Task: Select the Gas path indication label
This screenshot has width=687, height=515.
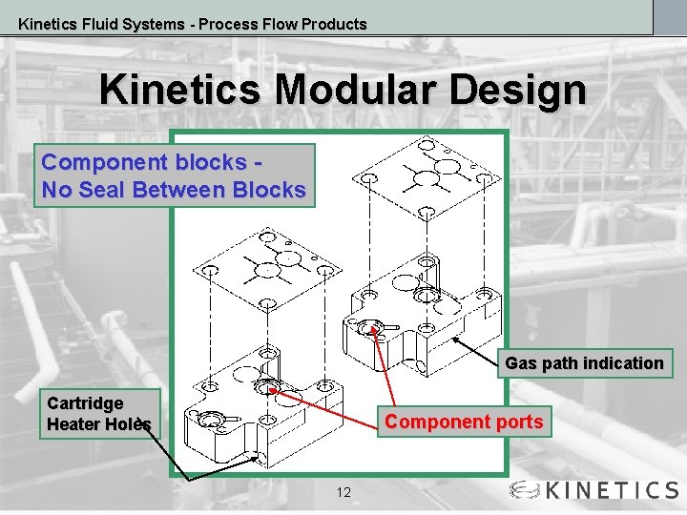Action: click(584, 363)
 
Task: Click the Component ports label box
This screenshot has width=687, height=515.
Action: click(464, 422)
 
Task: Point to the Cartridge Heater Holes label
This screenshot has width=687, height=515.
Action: click(98, 413)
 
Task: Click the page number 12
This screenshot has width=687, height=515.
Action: click(343, 492)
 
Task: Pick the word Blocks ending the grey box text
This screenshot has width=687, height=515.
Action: click(275, 190)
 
